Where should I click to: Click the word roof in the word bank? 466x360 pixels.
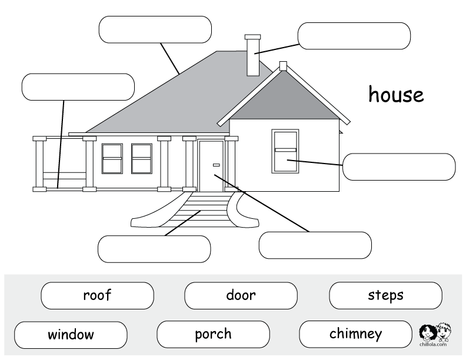coord(97,295)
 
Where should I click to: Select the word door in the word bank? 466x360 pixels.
coord(241,295)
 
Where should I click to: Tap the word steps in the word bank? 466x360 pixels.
coord(386,295)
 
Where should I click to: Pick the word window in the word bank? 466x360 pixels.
coord(71,335)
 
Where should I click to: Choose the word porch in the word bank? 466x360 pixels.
coord(213,335)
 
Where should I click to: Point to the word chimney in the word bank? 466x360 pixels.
coord(356,334)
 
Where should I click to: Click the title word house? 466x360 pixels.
coord(396,94)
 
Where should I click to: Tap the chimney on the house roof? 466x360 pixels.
coord(253,55)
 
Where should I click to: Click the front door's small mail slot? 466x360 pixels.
coord(217,165)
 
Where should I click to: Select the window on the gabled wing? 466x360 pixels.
coord(285,151)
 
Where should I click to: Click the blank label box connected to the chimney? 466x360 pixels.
coord(354,36)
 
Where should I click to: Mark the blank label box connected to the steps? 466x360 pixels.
coord(154,249)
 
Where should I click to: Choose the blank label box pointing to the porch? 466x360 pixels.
coord(78,87)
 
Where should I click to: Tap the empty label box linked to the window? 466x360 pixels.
coord(399,167)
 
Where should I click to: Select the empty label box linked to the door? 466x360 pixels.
coord(315,245)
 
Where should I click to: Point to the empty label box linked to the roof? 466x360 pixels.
coord(155,29)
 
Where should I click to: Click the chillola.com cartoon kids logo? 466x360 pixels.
coord(434,334)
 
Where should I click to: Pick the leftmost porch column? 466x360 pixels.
coord(39,164)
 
